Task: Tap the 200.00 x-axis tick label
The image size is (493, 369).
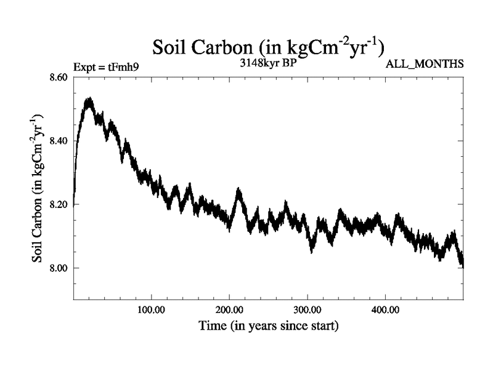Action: tap(229, 309)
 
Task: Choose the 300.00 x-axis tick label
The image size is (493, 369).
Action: tap(308, 309)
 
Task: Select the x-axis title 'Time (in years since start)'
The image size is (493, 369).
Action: tap(268, 325)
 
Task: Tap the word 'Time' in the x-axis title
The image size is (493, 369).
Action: tap(211, 325)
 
